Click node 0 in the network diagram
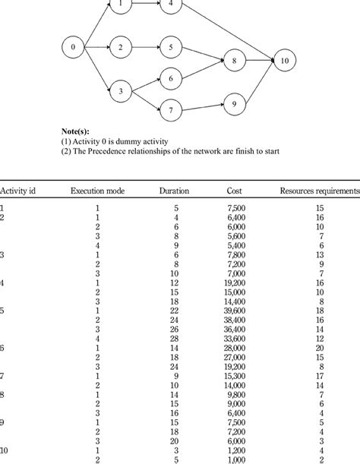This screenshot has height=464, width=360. coord(73,47)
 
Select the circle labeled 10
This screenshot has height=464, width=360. coord(283,59)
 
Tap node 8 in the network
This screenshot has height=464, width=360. coord(235,59)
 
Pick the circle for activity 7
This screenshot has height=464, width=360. coord(172,111)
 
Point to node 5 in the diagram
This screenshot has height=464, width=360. coord(172,47)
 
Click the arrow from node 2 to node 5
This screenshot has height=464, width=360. coord(147,47)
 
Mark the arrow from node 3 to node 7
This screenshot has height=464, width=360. coord(147,102)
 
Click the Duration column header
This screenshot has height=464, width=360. coord(174,191)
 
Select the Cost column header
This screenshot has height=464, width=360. coord(235,191)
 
